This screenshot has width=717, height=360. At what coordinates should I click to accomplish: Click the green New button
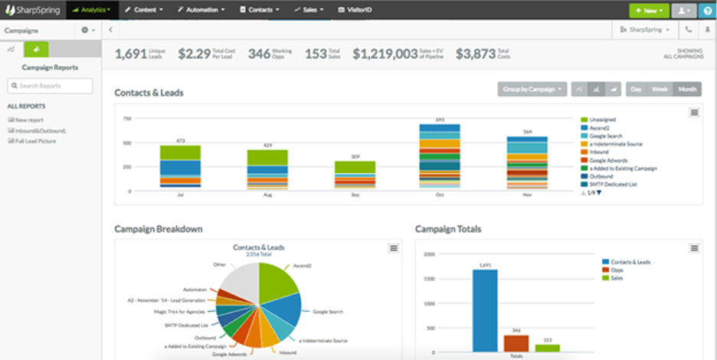click(647, 11)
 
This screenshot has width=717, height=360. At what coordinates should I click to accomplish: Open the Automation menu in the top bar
click(201, 11)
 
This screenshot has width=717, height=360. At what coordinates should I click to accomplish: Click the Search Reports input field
click(51, 86)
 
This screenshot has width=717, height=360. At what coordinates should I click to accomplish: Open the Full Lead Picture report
click(34, 141)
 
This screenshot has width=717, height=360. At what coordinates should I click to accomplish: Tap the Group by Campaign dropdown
click(532, 90)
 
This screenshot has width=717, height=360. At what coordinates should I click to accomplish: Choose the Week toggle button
click(660, 90)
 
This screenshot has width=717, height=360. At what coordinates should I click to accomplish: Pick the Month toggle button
click(687, 90)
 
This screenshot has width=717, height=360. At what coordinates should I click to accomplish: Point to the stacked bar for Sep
click(355, 175)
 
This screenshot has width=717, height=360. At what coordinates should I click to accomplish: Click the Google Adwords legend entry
click(608, 159)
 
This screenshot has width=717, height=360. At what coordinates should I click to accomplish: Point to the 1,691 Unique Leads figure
click(131, 54)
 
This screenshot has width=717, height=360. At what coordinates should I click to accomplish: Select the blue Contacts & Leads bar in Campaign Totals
click(484, 310)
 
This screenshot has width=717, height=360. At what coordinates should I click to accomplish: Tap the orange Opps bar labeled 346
click(516, 343)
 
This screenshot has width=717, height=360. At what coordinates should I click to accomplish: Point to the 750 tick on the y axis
click(126, 119)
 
